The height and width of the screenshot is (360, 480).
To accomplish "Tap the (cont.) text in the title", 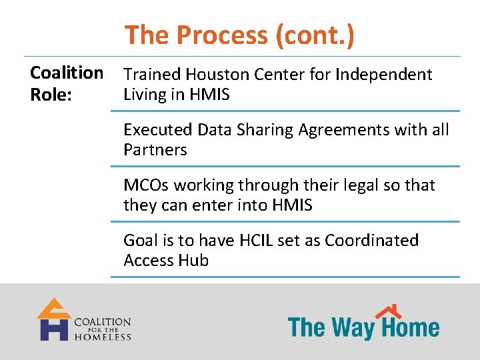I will click(x=313, y=35).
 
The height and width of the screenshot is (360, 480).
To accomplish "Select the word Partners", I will click(x=155, y=150).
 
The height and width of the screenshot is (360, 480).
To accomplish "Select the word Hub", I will click(x=193, y=261).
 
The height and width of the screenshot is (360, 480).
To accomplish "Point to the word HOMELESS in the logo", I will click(x=103, y=337).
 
